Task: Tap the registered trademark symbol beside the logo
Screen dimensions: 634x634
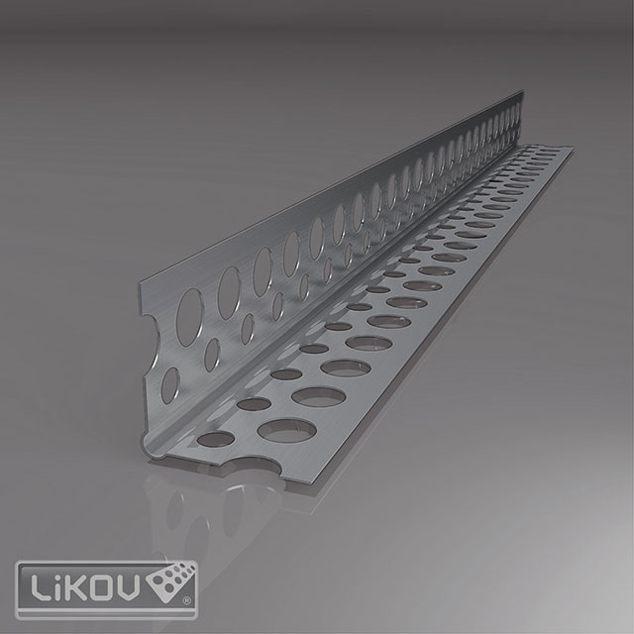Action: tap(187, 601)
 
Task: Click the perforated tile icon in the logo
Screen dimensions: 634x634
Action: tap(171, 582)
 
